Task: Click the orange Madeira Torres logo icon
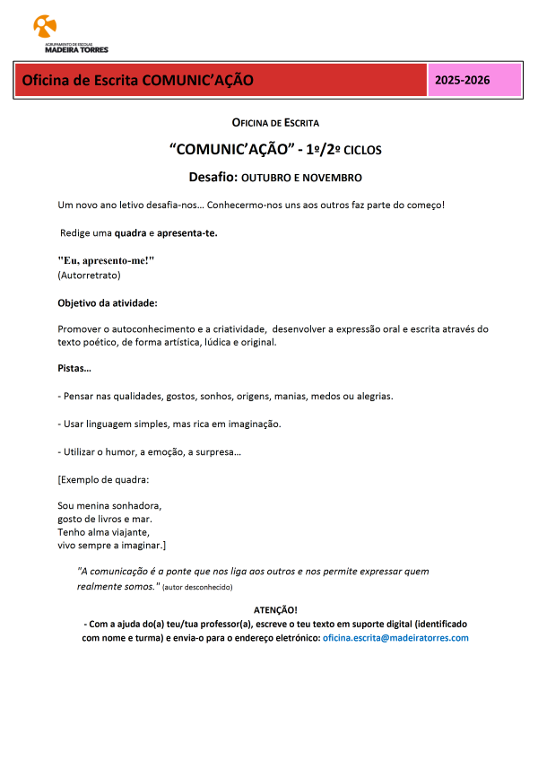(43, 24)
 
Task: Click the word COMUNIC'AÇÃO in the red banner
(197, 80)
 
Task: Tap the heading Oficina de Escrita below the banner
(275, 122)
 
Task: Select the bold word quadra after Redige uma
(130, 233)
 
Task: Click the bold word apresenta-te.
(187, 233)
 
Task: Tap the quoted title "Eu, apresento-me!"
(107, 260)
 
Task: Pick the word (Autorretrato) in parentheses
(89, 275)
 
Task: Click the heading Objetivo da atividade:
(108, 302)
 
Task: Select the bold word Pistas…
(74, 368)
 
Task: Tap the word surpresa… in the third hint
(219, 451)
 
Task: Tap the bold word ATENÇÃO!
(275, 610)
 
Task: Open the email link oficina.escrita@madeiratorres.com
(395, 637)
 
